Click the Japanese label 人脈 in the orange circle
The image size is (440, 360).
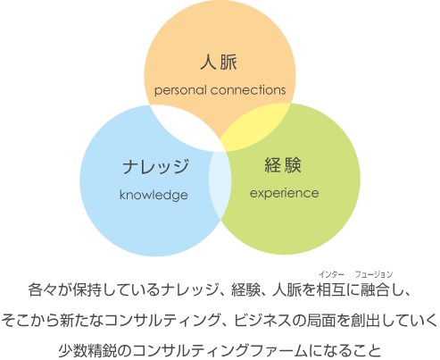point(219,63)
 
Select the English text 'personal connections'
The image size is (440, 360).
point(220,90)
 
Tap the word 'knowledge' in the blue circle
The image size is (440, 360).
point(154,195)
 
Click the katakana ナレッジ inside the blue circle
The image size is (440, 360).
point(155,166)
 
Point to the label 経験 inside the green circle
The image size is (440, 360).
point(283,165)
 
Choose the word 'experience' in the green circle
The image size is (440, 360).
point(285,193)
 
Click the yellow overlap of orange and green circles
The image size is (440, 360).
point(253,128)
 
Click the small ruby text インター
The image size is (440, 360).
point(331,274)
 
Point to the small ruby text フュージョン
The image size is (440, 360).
point(374,274)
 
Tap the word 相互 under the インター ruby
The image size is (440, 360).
point(331,289)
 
